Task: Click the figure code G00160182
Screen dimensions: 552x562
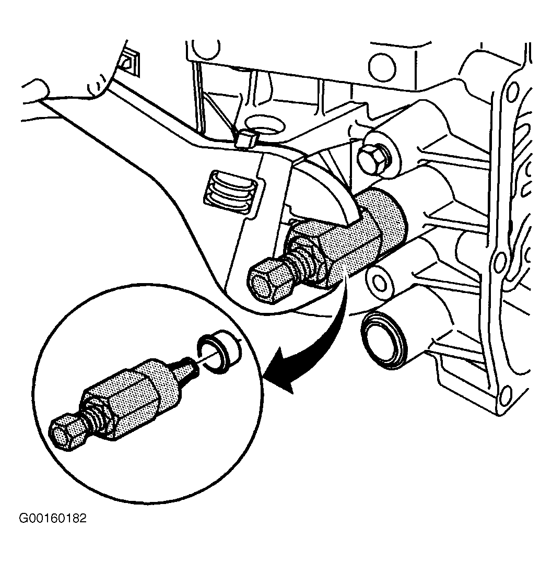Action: (53, 519)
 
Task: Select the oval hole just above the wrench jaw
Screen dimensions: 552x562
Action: (267, 124)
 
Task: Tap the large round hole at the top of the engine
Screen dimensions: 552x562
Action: (382, 67)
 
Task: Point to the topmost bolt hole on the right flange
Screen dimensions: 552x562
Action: (513, 89)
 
